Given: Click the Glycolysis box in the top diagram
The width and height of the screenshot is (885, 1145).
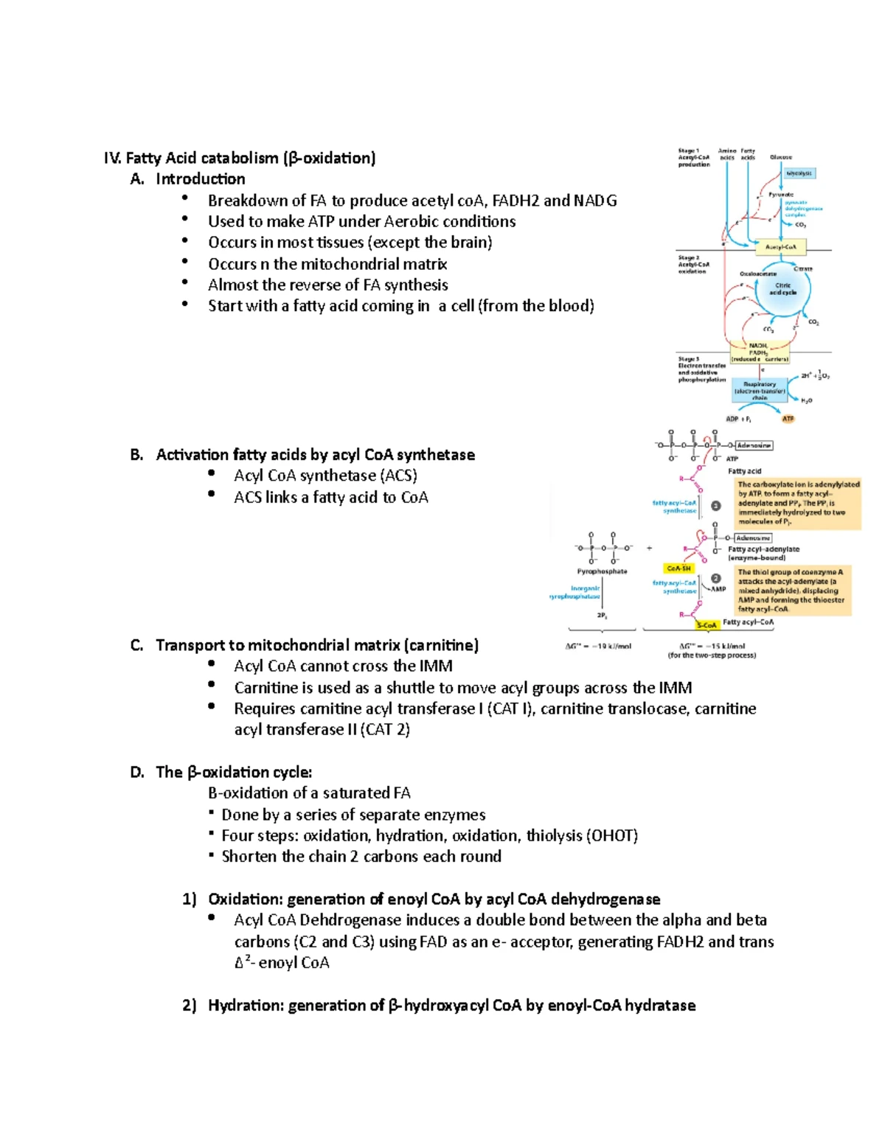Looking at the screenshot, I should tap(799, 173).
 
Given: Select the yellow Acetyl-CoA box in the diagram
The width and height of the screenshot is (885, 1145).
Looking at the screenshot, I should tap(781, 247).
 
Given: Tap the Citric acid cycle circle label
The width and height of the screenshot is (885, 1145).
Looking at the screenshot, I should tap(782, 289).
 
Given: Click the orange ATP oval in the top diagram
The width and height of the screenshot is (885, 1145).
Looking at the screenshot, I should tap(788, 419).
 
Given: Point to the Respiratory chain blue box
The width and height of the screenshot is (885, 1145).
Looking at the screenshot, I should tap(760, 391).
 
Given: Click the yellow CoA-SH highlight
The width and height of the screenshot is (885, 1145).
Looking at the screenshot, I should tap(678, 568).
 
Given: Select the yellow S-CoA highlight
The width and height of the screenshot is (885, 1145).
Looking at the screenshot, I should tap(707, 625).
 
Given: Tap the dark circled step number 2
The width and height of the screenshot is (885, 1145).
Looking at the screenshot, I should tap(715, 578).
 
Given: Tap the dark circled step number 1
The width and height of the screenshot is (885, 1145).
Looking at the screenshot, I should tap(715, 506).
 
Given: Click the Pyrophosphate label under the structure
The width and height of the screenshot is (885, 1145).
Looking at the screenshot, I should tap(602, 571).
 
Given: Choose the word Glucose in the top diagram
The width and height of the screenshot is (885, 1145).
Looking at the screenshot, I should tap(781, 157).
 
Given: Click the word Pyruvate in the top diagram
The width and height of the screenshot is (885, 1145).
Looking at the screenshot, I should tap(781, 195).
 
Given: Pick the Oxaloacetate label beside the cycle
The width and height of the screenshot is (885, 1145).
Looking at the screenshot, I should tap(758, 274).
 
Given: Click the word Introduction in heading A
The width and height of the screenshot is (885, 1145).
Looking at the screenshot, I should tap(201, 179).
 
